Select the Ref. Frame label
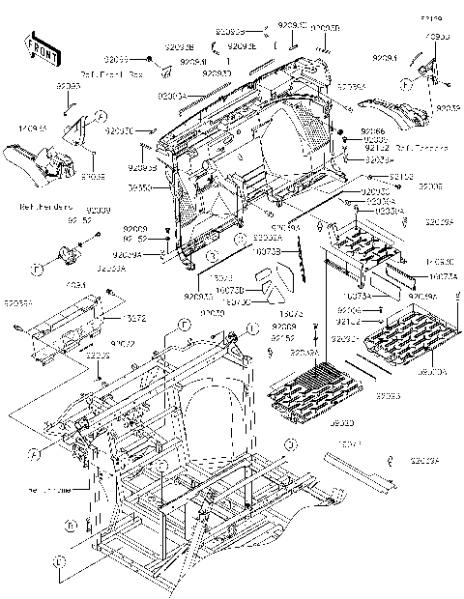tap(48, 490)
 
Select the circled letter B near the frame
tap(72, 526)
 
